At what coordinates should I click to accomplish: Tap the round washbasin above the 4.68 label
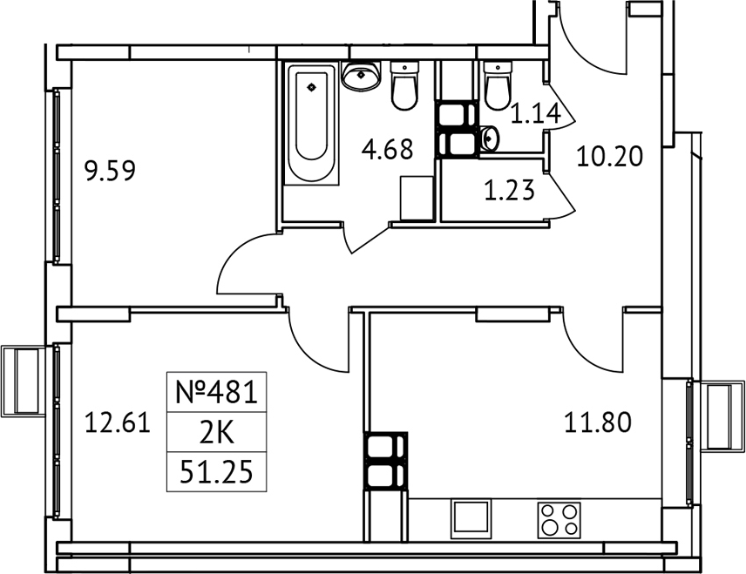pos(361,76)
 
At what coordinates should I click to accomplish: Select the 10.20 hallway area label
pos(610,158)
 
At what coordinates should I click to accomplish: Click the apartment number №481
pos(216,393)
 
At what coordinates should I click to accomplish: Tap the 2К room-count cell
pos(216,433)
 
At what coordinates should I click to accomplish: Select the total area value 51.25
pos(216,471)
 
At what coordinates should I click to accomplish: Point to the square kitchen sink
pos(471,518)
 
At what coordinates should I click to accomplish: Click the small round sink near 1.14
pos(488,138)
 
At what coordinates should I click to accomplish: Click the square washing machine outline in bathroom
pos(416,199)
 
